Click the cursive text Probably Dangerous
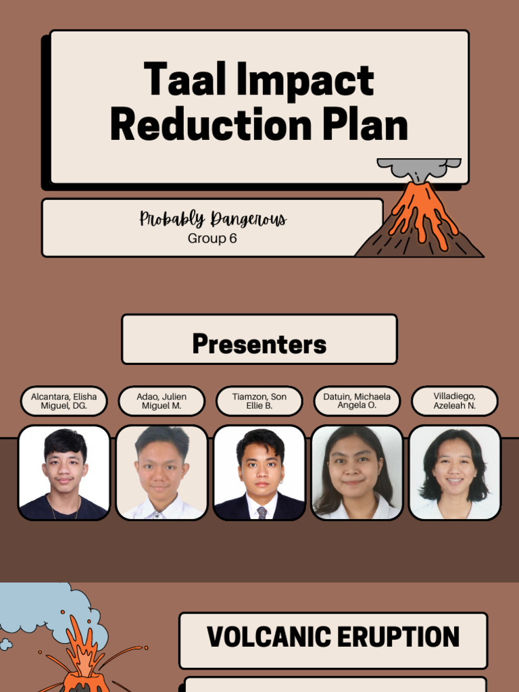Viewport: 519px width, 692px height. coord(213,219)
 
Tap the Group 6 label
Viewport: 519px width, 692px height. coord(212,239)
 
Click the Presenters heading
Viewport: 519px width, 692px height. coord(259,344)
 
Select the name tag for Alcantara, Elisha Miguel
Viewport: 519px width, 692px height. coord(64,401)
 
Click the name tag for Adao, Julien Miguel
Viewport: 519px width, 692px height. coord(162,401)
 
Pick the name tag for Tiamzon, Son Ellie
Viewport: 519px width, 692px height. coord(259,401)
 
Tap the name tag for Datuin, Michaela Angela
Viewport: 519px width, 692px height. coord(357,401)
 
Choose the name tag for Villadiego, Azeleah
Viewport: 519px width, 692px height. coord(454,401)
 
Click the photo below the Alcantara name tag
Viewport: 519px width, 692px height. coord(64,472)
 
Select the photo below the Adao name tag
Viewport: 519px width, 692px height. coord(162,472)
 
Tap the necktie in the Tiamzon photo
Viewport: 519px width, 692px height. coord(262,512)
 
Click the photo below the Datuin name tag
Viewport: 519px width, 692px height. coord(357,472)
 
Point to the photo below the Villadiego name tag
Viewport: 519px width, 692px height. coord(454,472)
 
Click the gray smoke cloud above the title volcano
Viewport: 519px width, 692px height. coord(419,168)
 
